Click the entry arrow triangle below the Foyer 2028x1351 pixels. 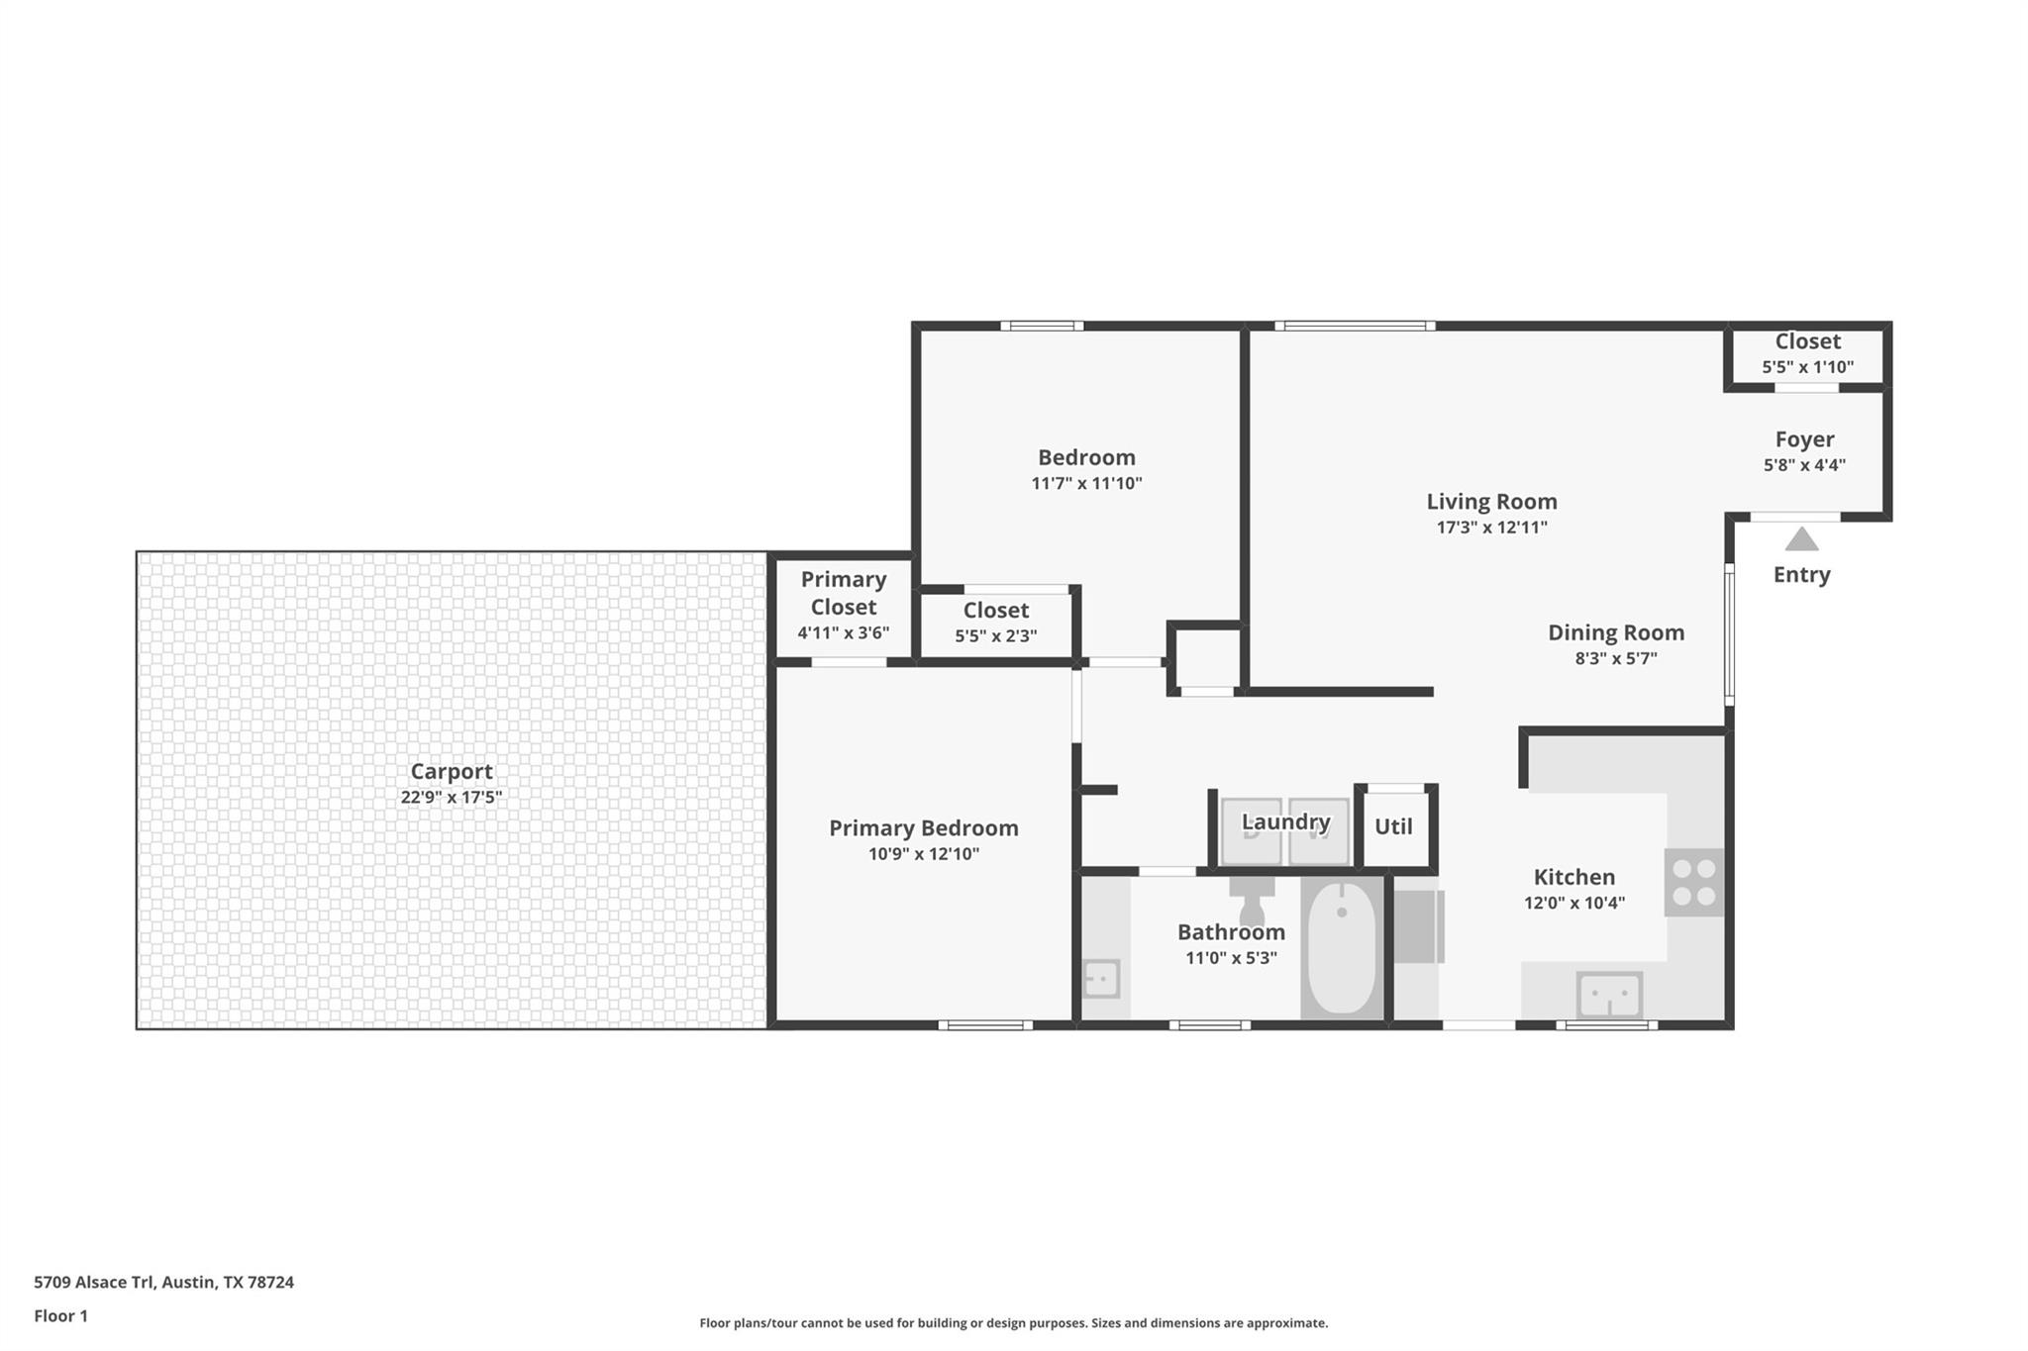[1801, 540]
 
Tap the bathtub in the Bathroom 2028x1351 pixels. [1342, 948]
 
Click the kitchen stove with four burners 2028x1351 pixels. [1693, 882]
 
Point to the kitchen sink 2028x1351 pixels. [1609, 994]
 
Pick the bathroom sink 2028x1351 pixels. [1101, 979]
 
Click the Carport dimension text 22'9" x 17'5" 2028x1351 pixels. [452, 798]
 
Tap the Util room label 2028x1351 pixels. [1393, 826]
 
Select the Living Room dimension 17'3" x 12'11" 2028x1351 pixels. [1491, 528]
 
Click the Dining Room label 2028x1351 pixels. [1616, 632]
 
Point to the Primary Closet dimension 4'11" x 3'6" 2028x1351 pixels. [844, 633]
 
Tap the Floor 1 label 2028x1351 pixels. [61, 1316]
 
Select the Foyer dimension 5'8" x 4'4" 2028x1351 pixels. [1804, 465]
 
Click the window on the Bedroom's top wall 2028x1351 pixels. [1041, 326]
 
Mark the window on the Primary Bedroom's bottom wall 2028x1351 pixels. [984, 1025]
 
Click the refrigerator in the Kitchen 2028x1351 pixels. [1419, 926]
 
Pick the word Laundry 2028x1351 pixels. [1285, 821]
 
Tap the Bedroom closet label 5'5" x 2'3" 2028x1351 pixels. [995, 636]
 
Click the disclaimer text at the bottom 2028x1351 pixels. [1013, 1323]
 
